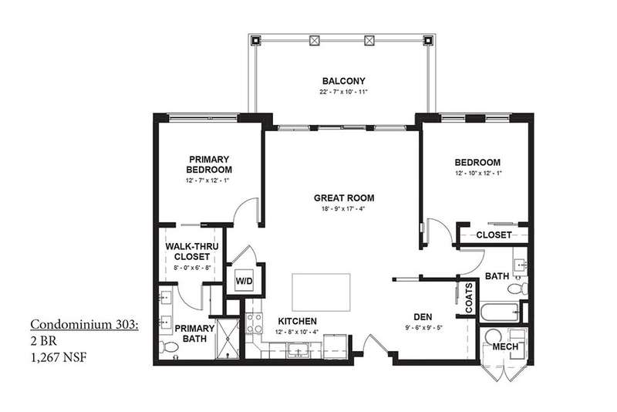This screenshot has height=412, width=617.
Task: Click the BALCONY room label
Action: (x=343, y=81)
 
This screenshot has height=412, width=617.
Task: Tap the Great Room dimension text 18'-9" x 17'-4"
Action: (x=343, y=209)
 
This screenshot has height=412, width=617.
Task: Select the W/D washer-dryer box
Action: (x=244, y=280)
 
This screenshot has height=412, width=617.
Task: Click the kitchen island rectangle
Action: (x=321, y=292)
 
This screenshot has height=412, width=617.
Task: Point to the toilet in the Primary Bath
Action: (x=169, y=347)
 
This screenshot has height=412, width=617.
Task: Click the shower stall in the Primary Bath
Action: (x=228, y=339)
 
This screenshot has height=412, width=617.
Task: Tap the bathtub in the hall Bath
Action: (x=500, y=312)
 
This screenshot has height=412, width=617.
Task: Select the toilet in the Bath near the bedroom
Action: (x=518, y=289)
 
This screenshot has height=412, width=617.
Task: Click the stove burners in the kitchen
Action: (x=254, y=323)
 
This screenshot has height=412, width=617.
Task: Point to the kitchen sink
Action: (x=298, y=350)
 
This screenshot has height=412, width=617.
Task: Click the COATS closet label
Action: (x=469, y=298)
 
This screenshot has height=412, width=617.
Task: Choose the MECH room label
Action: (x=505, y=346)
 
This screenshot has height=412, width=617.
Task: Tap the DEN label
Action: (x=423, y=317)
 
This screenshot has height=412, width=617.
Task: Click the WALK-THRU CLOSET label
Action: (x=192, y=252)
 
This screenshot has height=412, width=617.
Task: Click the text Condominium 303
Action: (x=84, y=325)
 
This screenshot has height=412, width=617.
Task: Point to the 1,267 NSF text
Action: (x=59, y=357)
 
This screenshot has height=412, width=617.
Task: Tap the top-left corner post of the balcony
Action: (x=256, y=40)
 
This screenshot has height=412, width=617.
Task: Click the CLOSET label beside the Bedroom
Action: (x=494, y=235)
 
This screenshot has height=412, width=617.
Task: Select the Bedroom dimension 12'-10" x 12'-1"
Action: (x=477, y=173)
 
